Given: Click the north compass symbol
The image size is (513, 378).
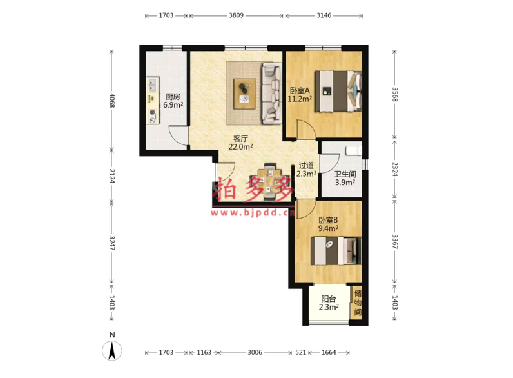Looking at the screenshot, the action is click(112, 350).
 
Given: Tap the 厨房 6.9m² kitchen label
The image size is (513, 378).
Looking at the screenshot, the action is click(173, 101).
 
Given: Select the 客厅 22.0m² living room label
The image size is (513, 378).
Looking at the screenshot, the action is click(240, 143).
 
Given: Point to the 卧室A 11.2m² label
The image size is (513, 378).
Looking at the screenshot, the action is click(300, 94).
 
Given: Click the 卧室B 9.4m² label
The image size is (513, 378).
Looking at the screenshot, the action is click(329, 224).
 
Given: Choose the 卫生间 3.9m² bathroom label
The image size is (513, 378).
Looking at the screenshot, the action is click(345, 179).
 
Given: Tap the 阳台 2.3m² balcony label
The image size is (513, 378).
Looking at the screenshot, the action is click(329, 303).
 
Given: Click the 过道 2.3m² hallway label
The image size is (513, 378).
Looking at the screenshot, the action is click(306, 170).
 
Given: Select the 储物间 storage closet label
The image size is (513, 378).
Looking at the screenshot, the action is click(358, 303).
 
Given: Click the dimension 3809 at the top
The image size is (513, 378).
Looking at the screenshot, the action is click(237, 15).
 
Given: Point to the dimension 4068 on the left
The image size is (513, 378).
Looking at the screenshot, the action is click(112, 101).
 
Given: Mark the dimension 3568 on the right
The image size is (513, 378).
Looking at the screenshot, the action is click(395, 94).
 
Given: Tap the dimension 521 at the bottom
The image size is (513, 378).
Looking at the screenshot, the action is click(300, 352).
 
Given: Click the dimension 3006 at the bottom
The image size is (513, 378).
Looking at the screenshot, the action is click(255, 352).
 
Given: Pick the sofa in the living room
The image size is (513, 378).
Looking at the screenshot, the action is click(271, 94).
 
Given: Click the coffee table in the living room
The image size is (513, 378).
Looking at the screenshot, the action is click(245, 94).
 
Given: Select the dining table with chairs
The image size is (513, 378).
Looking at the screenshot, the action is click(269, 181).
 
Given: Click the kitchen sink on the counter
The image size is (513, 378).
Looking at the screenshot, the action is click(152, 85).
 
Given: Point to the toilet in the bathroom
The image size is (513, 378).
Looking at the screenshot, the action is click(354, 151).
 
